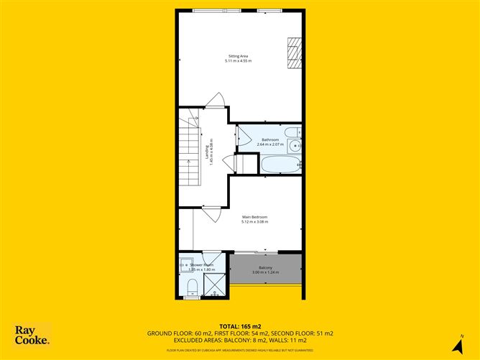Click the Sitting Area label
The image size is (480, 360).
[x=238, y=56]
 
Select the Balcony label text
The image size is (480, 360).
[x=262, y=267]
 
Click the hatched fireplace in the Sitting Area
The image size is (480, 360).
[x=293, y=51]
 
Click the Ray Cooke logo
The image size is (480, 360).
[x=32, y=336]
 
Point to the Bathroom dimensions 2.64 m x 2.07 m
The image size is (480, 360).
[x=269, y=144]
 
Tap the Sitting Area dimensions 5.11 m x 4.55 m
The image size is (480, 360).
[x=238, y=61]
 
